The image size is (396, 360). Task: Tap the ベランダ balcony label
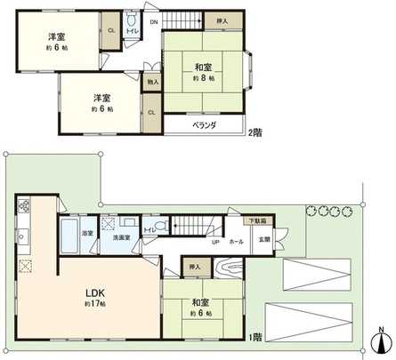(205, 125)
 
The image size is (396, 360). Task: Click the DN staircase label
(154, 21)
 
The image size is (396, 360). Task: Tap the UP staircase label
(215, 241)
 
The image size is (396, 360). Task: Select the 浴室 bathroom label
(87, 233)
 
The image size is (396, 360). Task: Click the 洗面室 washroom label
(121, 238)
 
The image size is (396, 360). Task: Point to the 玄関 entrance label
(265, 240)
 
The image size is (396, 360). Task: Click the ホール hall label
(236, 241)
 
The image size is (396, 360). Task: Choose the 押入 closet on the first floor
(194, 267)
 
